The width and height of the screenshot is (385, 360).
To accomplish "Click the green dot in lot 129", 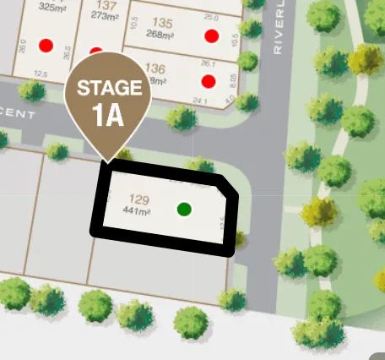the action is tap(184, 209).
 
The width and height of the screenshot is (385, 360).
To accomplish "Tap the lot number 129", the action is tap(139, 199).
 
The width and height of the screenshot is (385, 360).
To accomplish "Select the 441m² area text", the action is tap(137, 210).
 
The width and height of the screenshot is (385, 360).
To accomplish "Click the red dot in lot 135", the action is tap(211, 36).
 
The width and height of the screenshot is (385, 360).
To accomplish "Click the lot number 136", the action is tap(155, 68).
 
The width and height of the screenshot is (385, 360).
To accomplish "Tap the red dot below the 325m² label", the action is tap(46, 45).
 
